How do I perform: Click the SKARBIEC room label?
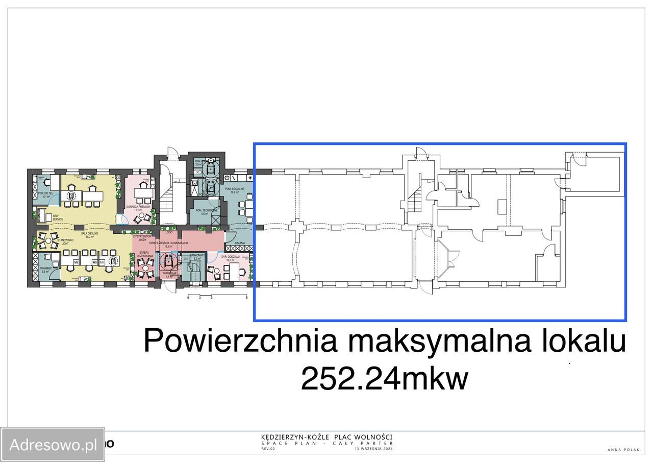click(x=45, y=269)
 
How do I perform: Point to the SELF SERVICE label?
click(x=58, y=217)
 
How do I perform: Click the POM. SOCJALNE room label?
click(x=237, y=190)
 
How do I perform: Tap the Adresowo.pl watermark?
click(x=53, y=445)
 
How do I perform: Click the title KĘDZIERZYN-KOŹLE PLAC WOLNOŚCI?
click(x=326, y=437)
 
